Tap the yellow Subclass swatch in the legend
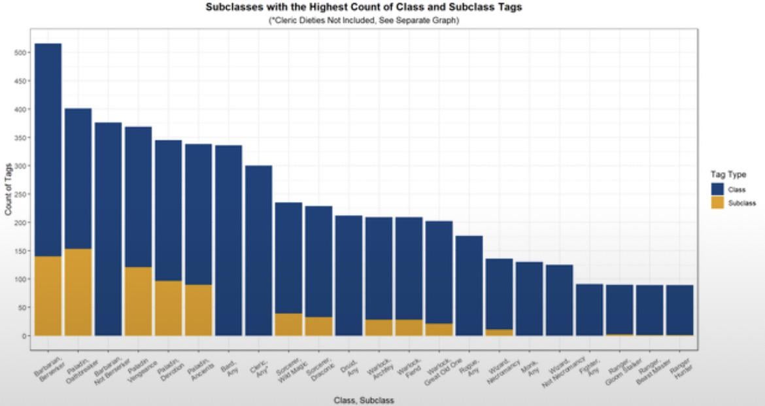pos(717,203)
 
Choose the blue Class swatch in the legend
pos(717,190)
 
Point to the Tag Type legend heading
pos(728,175)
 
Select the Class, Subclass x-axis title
pos(364,400)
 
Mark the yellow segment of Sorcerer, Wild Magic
pos(288,324)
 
